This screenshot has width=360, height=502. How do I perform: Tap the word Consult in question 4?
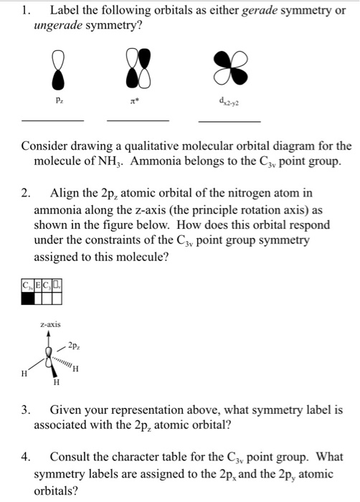point(72,457)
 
